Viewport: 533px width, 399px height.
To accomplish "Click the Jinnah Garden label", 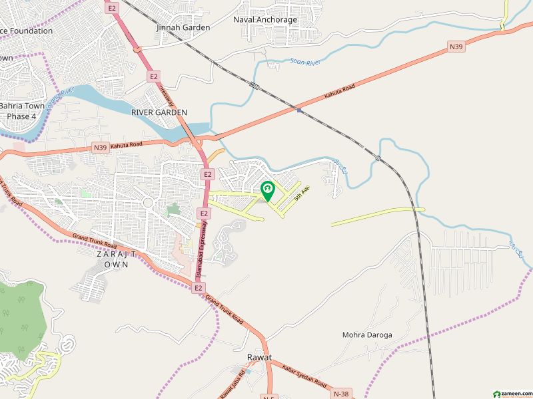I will pyautogui.click(x=183, y=27).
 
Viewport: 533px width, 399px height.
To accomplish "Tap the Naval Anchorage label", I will pyautogui.click(x=265, y=19).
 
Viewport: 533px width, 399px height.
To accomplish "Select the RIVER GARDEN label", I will pyautogui.click(x=159, y=112).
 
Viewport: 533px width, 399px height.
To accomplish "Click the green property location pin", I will pyautogui.click(x=266, y=192).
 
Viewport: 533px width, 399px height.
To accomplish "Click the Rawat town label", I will pyautogui.click(x=259, y=358).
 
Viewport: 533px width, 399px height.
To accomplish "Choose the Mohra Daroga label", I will pyautogui.click(x=367, y=334).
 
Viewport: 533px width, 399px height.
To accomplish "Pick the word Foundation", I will pyautogui.click(x=27, y=31).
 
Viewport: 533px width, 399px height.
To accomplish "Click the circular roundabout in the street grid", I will pyautogui.click(x=148, y=202).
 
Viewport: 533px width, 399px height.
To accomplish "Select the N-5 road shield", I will pyautogui.click(x=268, y=396).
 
